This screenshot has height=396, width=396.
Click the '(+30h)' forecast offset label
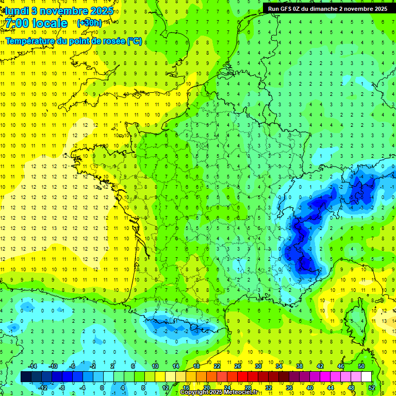pos(89,23)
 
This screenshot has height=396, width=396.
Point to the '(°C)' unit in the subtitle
pos(135,41)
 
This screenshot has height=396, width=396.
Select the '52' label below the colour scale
pos(372,388)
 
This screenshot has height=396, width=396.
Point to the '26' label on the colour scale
pos(238,366)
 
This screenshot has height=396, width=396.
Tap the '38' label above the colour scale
pos(300,366)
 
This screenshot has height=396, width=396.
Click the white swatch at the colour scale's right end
pos(366,377)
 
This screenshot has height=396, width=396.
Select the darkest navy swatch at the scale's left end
pos(26,377)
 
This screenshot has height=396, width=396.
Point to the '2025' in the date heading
pos(97,10)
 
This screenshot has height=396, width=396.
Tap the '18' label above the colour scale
pos(196,366)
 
